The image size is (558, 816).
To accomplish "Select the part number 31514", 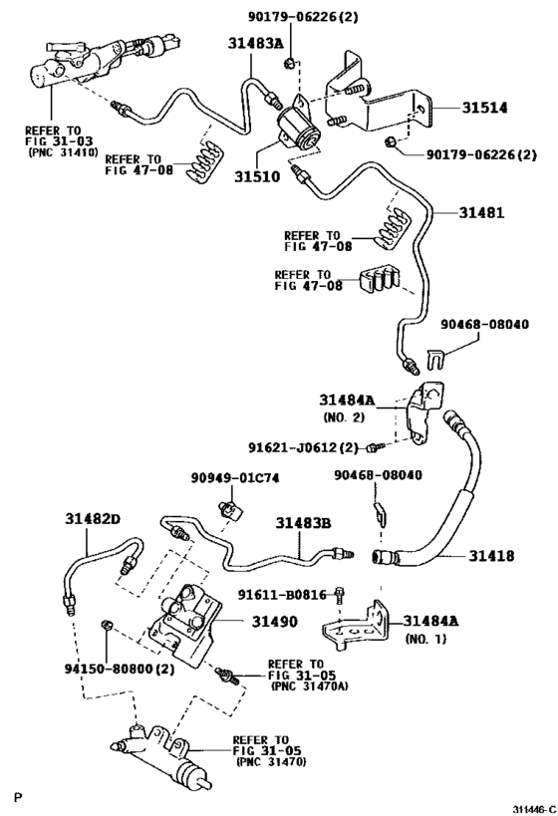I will click(483, 108).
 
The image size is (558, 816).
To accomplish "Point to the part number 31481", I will click(482, 212).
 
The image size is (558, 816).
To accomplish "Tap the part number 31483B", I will click(304, 522).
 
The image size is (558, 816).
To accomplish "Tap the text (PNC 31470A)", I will click(301, 685).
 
